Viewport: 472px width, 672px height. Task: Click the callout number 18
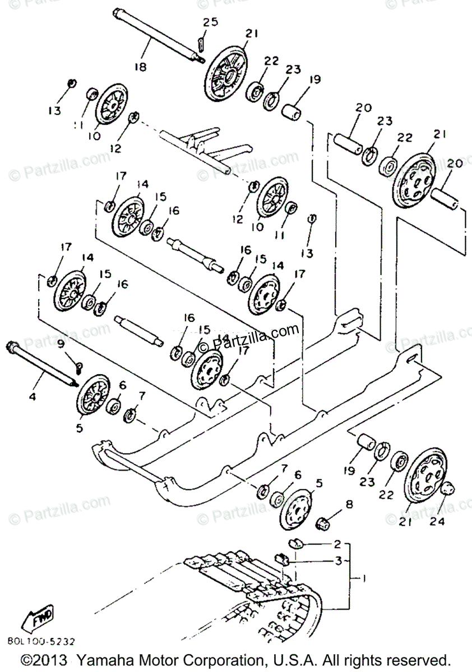click(140, 66)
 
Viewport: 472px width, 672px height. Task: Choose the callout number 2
click(337, 544)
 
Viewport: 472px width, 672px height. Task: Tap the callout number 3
click(337, 560)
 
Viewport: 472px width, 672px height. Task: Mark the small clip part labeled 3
click(283, 558)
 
